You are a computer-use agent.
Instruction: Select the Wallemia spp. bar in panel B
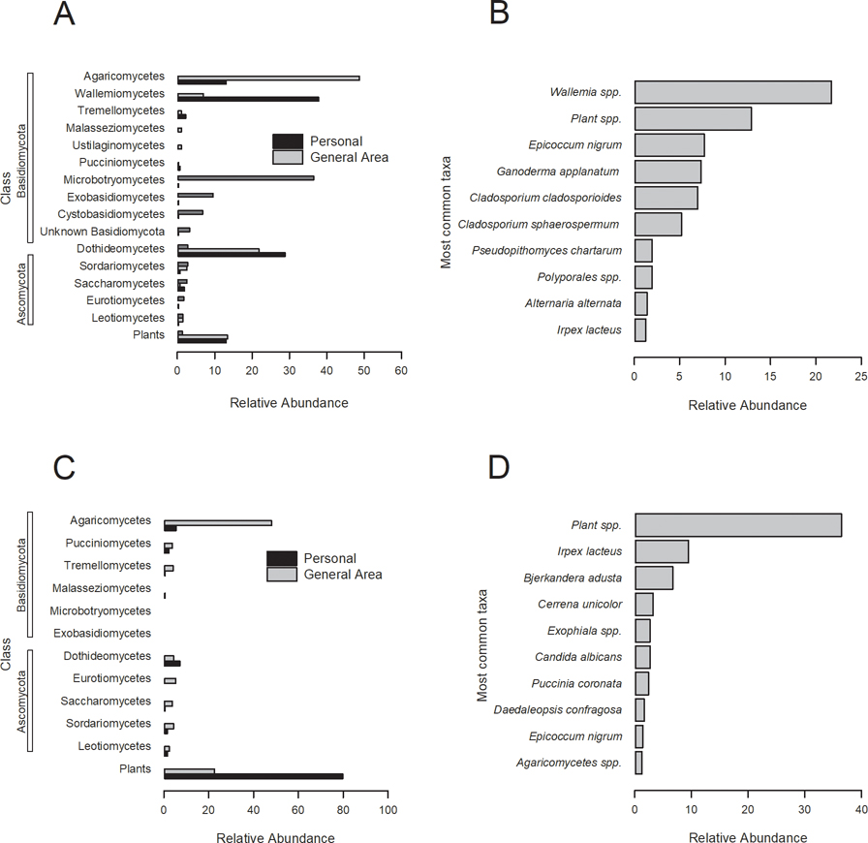(732, 92)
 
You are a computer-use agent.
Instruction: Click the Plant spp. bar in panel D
(738, 525)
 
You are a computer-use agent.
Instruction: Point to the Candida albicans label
(586, 657)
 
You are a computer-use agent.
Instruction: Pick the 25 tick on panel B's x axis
(860, 375)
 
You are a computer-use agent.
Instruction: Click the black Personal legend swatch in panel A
(288, 140)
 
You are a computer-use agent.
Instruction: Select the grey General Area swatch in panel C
(282, 575)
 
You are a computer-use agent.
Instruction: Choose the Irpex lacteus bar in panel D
(662, 551)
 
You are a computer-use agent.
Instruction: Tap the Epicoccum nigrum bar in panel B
(669, 145)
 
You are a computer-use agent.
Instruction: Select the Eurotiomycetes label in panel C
(106, 678)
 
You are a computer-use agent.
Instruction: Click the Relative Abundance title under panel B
(747, 405)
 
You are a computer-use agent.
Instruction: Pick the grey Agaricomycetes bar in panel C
(218, 522)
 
